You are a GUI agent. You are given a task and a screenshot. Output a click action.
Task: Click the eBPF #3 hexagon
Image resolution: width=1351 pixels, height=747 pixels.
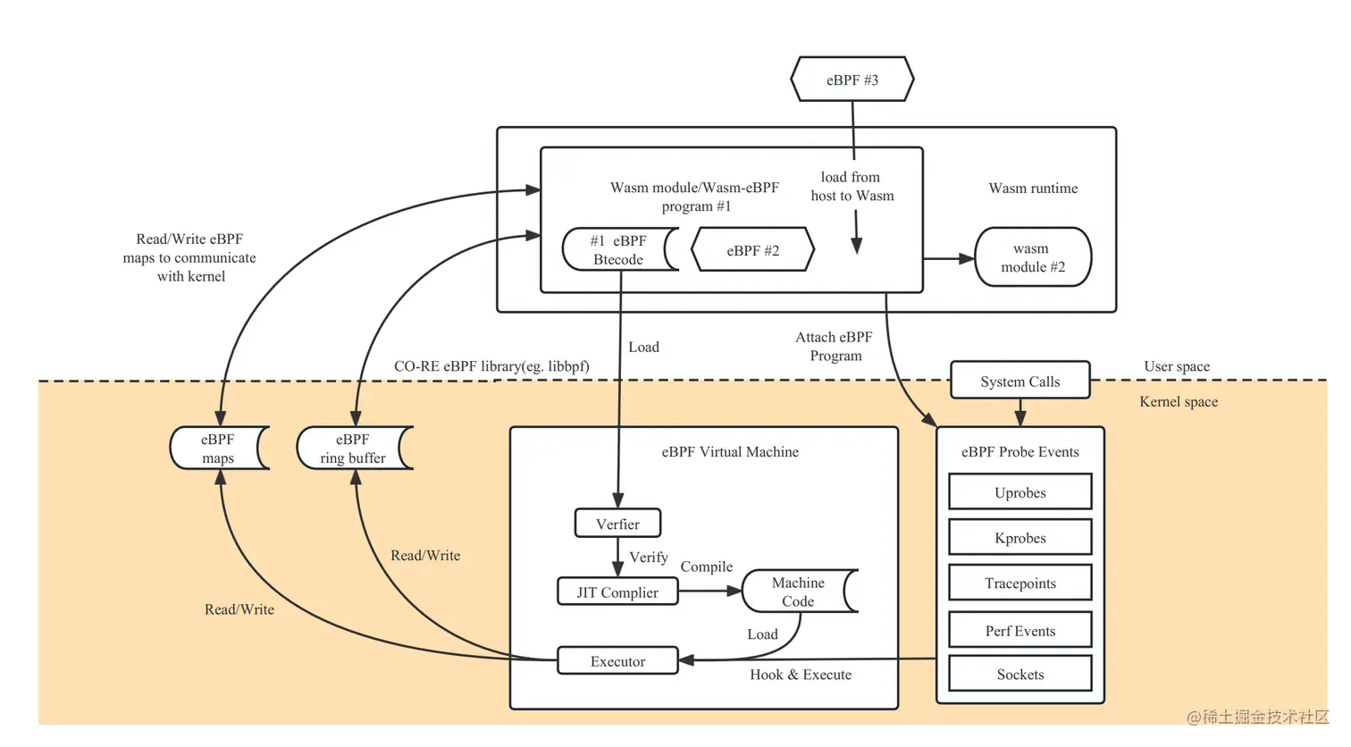[852, 80]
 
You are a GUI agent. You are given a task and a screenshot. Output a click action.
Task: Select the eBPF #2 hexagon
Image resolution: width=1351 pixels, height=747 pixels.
[752, 250]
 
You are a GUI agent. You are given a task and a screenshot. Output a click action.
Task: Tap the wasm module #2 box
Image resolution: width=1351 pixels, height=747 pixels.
[1032, 257]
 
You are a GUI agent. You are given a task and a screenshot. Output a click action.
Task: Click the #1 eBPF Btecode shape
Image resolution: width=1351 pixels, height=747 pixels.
[618, 250]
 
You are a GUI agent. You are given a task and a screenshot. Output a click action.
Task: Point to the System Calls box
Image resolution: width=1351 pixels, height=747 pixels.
[1020, 381]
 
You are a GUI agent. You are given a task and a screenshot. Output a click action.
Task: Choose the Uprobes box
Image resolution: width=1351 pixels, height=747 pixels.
[1020, 492]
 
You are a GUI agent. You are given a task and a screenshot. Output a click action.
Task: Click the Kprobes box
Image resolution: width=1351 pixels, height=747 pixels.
[1020, 538]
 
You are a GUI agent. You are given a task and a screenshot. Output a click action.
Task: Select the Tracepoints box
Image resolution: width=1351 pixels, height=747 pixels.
[1020, 583]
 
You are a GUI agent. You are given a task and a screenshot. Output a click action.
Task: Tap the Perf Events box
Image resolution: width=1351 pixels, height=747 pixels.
[1020, 631]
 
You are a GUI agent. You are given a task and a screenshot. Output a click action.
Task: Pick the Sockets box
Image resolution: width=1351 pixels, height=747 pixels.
[1020, 675]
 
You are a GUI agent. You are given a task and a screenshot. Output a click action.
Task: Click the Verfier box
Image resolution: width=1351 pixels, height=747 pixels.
[617, 524]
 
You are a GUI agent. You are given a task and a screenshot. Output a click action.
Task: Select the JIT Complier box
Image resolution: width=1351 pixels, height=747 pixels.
[617, 592]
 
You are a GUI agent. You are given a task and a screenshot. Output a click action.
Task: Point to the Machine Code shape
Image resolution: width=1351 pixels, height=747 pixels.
[798, 592]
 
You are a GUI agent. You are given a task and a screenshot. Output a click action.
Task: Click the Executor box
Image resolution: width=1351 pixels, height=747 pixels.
[617, 661]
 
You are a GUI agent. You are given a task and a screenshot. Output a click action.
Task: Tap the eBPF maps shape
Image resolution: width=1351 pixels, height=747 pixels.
[217, 449]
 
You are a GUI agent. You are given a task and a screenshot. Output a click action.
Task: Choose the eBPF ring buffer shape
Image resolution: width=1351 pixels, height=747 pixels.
[353, 449]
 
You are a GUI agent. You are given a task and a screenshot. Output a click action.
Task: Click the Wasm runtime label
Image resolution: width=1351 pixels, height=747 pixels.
[1033, 188]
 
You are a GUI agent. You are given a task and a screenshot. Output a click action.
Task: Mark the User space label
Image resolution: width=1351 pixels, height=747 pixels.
[1177, 366]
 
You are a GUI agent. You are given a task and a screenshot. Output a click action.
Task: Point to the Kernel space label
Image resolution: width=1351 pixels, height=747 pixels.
[1178, 402]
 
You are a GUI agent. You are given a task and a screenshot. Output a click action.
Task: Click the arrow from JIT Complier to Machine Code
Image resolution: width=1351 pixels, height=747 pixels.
[710, 591]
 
